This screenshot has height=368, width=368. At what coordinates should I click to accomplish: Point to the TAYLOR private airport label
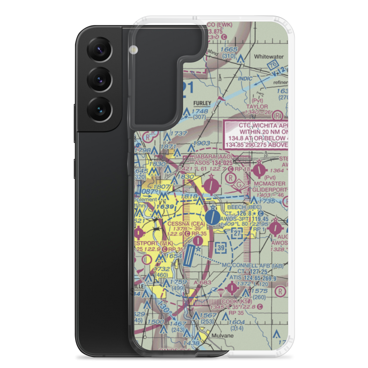point(257,106)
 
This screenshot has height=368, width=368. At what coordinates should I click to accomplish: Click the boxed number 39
point(221,248)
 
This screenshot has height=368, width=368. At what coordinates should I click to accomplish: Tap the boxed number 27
point(238,233)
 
